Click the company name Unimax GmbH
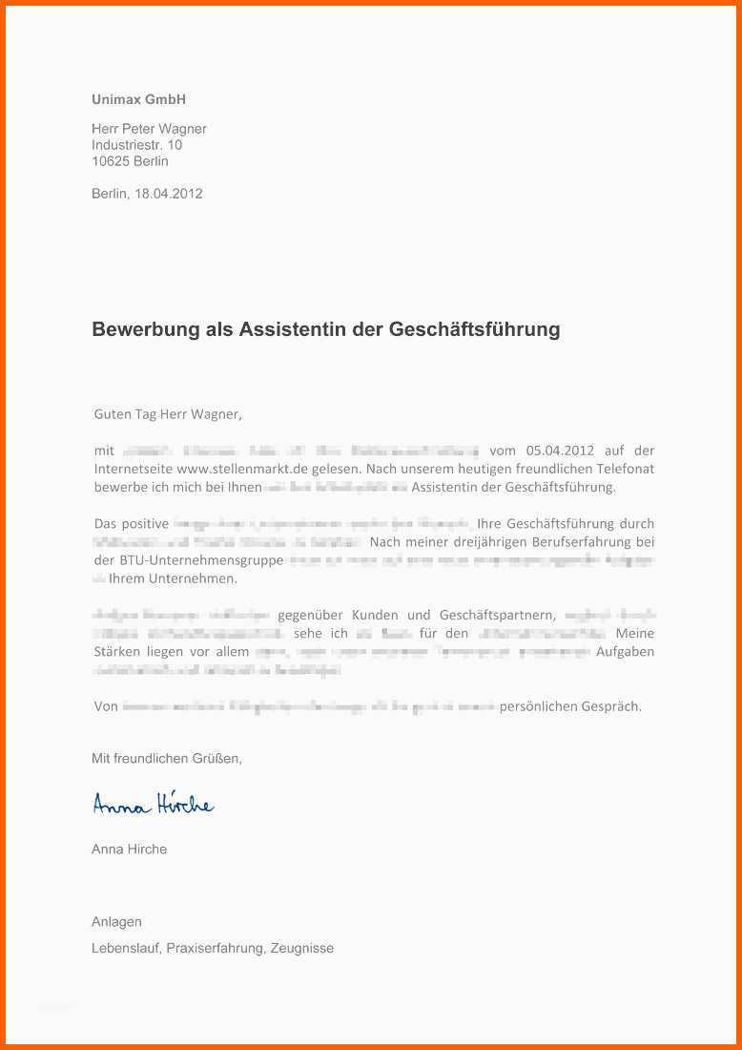pyautogui.click(x=138, y=99)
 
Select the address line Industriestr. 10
pyautogui.click(x=136, y=145)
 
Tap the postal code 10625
pyautogui.click(x=111, y=161)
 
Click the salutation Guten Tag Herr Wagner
pyautogui.click(x=168, y=414)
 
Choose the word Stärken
pyautogui.click(x=116, y=652)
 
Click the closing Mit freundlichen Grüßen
pyautogui.click(x=167, y=759)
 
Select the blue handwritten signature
pyautogui.click(x=153, y=805)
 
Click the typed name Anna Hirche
pyautogui.click(x=129, y=849)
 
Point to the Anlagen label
pyautogui.click(x=116, y=922)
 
